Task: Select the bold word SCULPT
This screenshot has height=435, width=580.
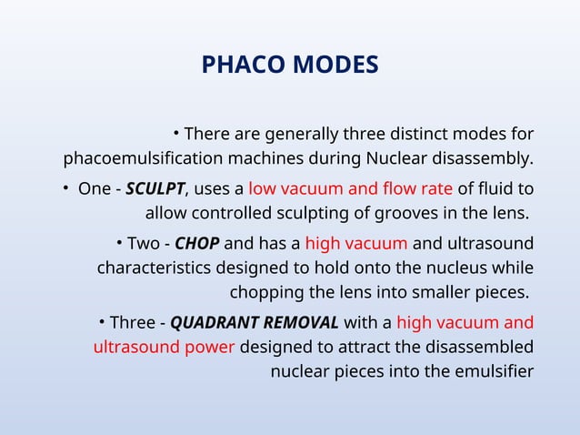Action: click(155, 189)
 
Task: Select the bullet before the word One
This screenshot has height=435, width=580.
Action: click(66, 189)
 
